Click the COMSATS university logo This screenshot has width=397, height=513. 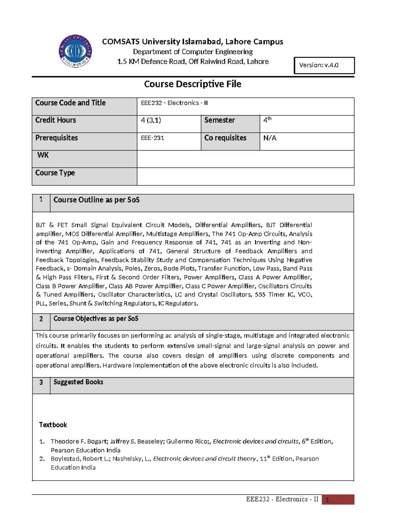pyautogui.click(x=75, y=51)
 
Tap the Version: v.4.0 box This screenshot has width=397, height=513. pyautogui.click(x=324, y=65)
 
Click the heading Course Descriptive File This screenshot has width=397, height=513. pyautogui.click(x=193, y=84)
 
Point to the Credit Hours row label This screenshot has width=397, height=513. pyautogui.click(x=56, y=120)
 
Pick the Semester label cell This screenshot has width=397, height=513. pyautogui.click(x=219, y=120)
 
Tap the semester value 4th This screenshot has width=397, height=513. pyautogui.click(x=267, y=120)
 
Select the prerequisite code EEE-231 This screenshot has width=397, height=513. pyautogui.click(x=153, y=138)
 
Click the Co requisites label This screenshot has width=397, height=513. pyautogui.click(x=225, y=138)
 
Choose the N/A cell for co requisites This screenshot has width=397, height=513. pyautogui.click(x=270, y=138)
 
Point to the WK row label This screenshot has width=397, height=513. pyautogui.click(x=43, y=155)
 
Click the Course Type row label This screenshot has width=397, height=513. pyautogui.click(x=55, y=173)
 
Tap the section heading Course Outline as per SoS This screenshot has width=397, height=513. pyautogui.click(x=96, y=200)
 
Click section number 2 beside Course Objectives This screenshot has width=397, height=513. pyautogui.click(x=41, y=319)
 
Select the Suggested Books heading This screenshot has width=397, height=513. pyautogui.click(x=78, y=382)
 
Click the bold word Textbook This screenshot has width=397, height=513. pyautogui.click(x=53, y=425)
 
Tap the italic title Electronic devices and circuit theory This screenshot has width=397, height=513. pyautogui.click(x=204, y=459)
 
